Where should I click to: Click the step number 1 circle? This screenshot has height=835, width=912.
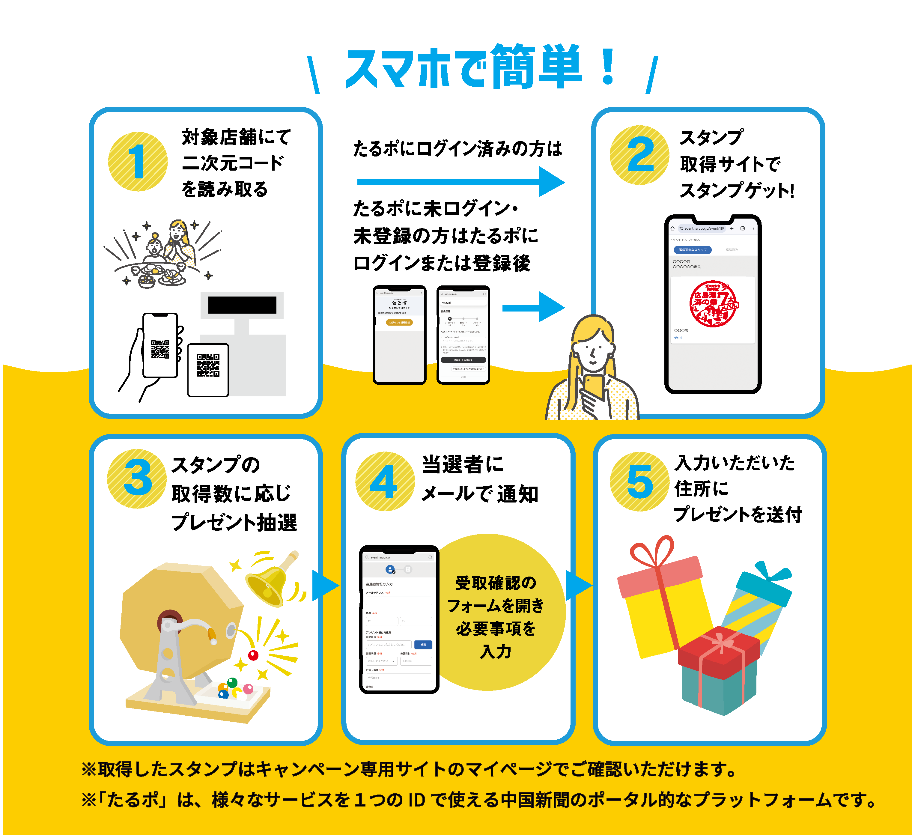coord(138,162)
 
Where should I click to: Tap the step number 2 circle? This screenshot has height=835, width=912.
coord(639,155)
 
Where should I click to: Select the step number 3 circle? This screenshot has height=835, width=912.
coord(137,478)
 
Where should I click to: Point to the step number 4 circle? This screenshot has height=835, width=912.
coord(385,481)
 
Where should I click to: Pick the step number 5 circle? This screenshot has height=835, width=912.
coord(639,482)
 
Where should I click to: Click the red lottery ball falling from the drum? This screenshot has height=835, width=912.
coord(253,655)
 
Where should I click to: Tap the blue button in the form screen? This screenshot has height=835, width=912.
coord(423,645)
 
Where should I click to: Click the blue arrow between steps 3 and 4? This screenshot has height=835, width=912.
coord(325,586)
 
